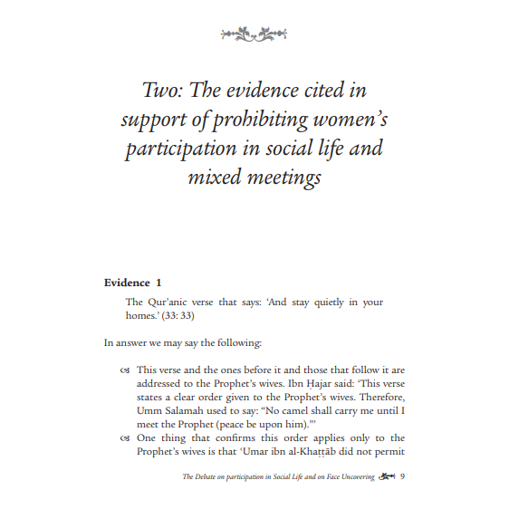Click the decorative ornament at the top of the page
point(254,34)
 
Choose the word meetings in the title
point(283,178)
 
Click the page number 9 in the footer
point(403,476)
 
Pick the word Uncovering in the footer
point(351,477)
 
